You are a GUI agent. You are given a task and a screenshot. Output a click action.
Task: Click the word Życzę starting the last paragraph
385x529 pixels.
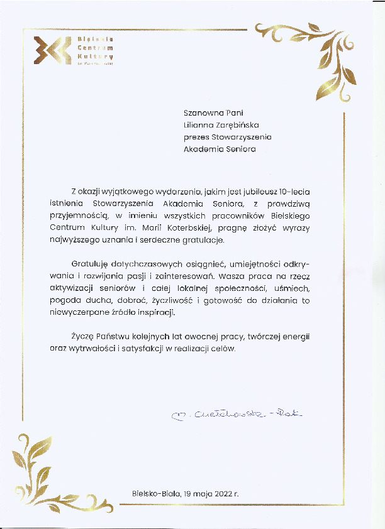(x=82, y=337)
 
